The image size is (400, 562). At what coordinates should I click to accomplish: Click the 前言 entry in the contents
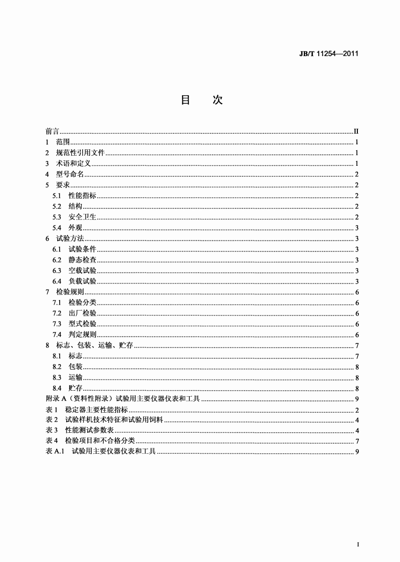52,131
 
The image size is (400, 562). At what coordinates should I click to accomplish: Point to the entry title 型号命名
70,174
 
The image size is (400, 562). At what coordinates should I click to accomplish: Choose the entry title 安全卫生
83,217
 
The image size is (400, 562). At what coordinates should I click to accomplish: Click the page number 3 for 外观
356,228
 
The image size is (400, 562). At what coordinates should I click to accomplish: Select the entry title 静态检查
83,260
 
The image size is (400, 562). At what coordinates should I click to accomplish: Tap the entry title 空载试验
83,271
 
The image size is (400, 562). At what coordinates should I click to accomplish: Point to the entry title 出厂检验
83,314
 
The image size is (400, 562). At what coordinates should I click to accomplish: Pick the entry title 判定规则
83,335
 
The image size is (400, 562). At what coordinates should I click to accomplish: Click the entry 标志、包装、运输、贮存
94,346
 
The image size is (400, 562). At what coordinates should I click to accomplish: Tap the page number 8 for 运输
356,378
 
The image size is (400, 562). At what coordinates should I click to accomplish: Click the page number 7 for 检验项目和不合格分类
356,441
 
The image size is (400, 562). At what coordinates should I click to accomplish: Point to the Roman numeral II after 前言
355,131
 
